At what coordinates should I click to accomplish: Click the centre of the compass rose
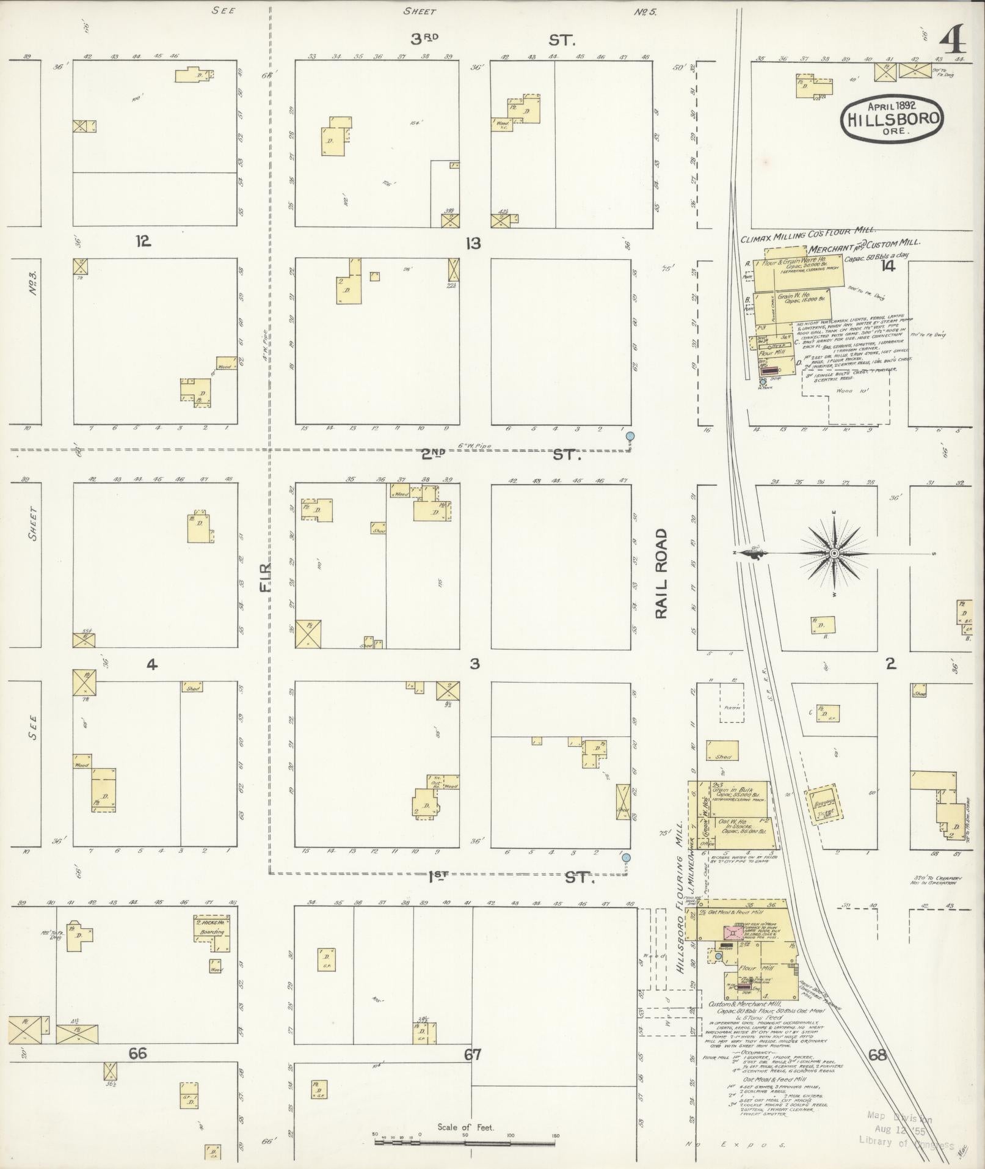(x=833, y=554)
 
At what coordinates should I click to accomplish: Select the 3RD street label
(x=424, y=40)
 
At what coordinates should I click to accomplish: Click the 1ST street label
(x=437, y=878)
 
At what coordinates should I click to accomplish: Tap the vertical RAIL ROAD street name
(x=662, y=574)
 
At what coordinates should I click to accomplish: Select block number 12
(x=144, y=241)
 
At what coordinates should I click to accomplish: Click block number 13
(x=473, y=243)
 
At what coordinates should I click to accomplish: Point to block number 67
(x=473, y=1054)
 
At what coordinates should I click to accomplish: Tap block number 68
(x=877, y=1054)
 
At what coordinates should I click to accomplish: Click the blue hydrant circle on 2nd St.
(x=630, y=436)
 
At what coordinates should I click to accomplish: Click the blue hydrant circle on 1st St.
(x=626, y=857)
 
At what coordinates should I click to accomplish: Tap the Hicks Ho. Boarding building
(x=211, y=931)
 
